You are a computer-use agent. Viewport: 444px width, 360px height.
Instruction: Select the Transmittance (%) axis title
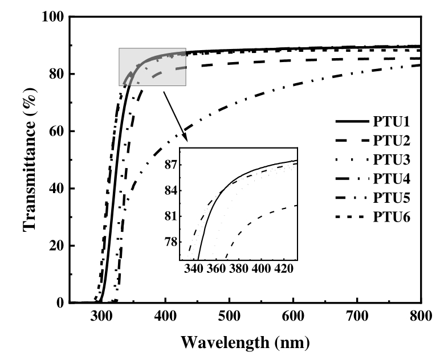(x=30, y=160)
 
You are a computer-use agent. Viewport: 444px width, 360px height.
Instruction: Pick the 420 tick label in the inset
(x=283, y=268)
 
